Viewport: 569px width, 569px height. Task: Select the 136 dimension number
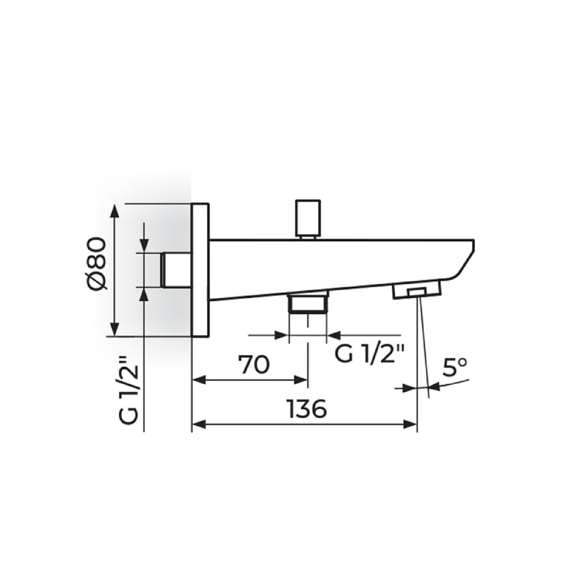point(307,409)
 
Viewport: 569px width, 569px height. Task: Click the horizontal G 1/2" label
point(369,353)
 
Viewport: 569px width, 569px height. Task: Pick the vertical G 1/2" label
point(128,390)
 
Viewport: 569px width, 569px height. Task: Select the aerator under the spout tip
point(416,291)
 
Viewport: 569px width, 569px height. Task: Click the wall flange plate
point(201,270)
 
